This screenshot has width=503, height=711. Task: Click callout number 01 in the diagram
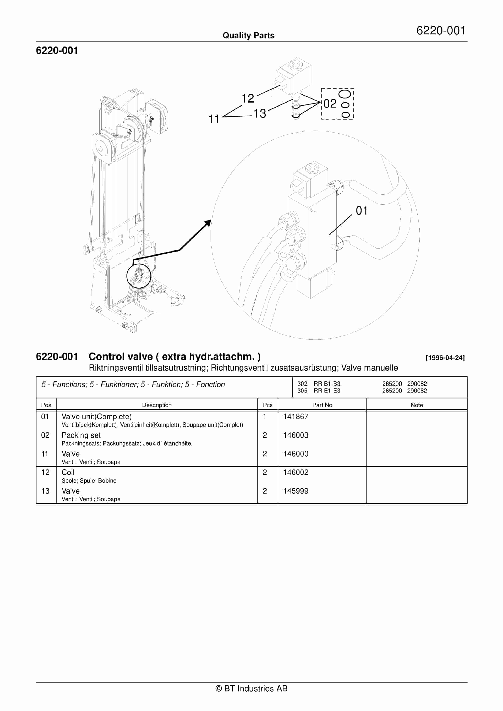[x=361, y=211]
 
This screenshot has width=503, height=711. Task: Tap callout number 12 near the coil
[x=247, y=98]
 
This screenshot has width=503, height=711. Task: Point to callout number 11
[x=214, y=119]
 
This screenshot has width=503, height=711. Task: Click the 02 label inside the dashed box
[x=330, y=103]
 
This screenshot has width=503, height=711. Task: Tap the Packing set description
[x=81, y=435]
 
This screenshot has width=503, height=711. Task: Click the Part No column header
[x=322, y=405]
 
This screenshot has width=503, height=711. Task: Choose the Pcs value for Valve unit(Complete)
[x=265, y=417]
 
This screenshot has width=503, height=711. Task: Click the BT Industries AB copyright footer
[x=251, y=688]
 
